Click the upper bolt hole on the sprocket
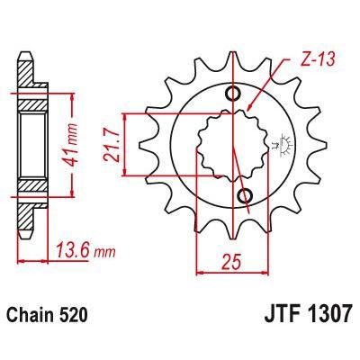click(x=236, y=94)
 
